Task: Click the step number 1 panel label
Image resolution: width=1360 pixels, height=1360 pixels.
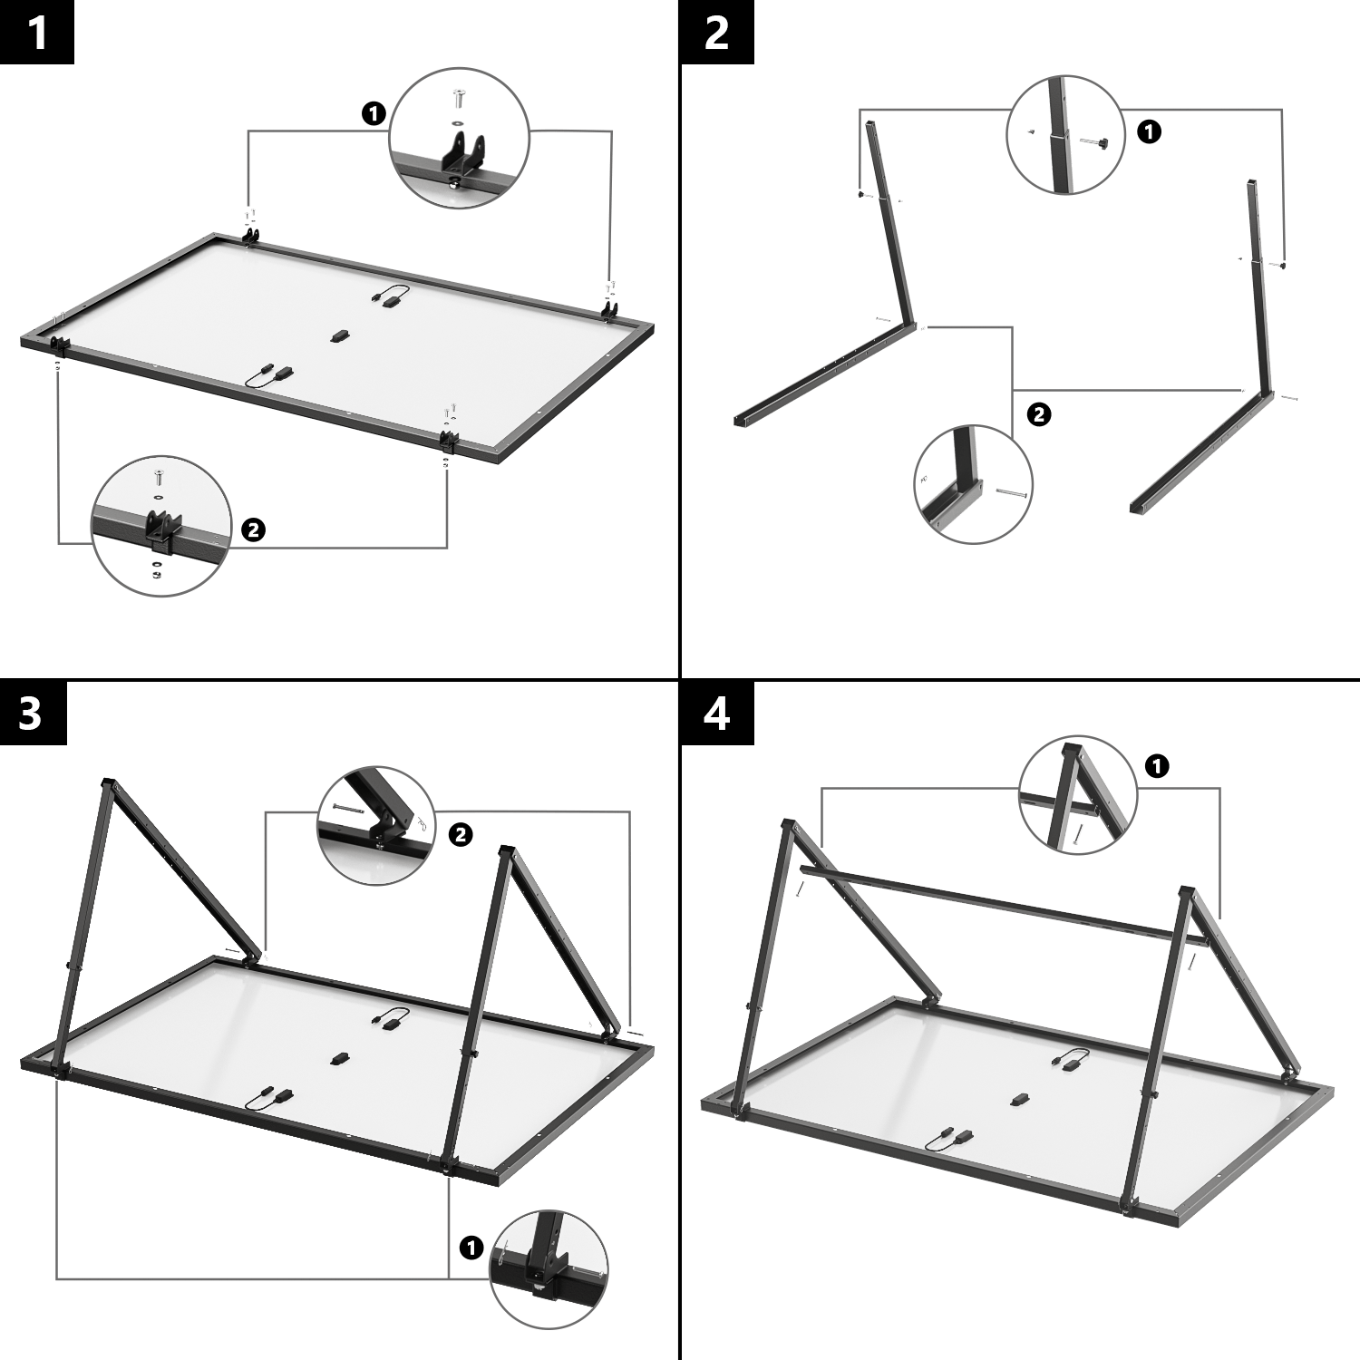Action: (x=36, y=33)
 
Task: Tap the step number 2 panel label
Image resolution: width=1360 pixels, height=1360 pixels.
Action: (x=716, y=33)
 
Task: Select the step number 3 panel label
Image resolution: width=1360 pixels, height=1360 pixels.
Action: (x=32, y=713)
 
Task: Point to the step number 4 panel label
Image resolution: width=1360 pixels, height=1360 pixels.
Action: (x=716, y=713)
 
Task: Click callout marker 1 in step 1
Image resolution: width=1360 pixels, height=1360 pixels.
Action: (x=374, y=113)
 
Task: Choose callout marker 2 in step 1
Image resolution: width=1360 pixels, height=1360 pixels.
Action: (x=253, y=529)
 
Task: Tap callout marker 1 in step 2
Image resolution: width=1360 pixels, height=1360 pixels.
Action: (x=1149, y=131)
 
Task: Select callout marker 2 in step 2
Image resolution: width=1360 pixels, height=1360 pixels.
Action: (x=1039, y=414)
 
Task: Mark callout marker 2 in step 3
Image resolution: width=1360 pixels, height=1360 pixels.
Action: (x=461, y=834)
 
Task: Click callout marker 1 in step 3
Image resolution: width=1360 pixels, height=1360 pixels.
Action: (x=471, y=1248)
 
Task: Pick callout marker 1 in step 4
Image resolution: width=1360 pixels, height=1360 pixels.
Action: (x=1156, y=766)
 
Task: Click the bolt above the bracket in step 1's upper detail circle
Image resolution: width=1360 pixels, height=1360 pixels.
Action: (x=458, y=97)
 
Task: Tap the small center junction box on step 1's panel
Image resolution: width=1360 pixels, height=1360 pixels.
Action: (x=338, y=335)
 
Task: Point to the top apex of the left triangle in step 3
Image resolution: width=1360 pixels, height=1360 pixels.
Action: (x=108, y=783)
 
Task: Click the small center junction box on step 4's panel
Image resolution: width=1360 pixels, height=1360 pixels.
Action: (x=1019, y=1100)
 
